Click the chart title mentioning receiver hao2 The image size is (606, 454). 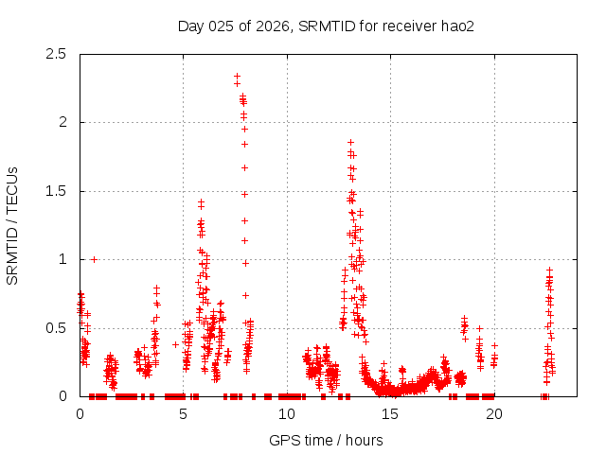pyautogui.click(x=326, y=26)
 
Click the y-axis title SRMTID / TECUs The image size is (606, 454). pyautogui.click(x=13, y=225)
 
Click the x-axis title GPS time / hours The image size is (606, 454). pyautogui.click(x=326, y=440)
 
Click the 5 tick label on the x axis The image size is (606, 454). pyautogui.click(x=184, y=413)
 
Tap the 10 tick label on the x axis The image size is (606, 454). pyautogui.click(x=287, y=413)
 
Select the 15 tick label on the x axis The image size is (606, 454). pyautogui.click(x=390, y=413)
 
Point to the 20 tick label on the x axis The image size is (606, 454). pyautogui.click(x=493, y=413)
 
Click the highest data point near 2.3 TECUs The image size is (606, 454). pyautogui.click(x=237, y=76)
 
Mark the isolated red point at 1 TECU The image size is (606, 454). pyautogui.click(x=94, y=259)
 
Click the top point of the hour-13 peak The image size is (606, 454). pyautogui.click(x=350, y=142)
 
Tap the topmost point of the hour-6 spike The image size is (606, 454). pyautogui.click(x=201, y=201)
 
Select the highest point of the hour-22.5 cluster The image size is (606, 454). pyautogui.click(x=549, y=270)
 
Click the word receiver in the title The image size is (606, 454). pyautogui.click(x=406, y=26)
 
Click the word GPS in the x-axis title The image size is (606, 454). pyautogui.click(x=283, y=440)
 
